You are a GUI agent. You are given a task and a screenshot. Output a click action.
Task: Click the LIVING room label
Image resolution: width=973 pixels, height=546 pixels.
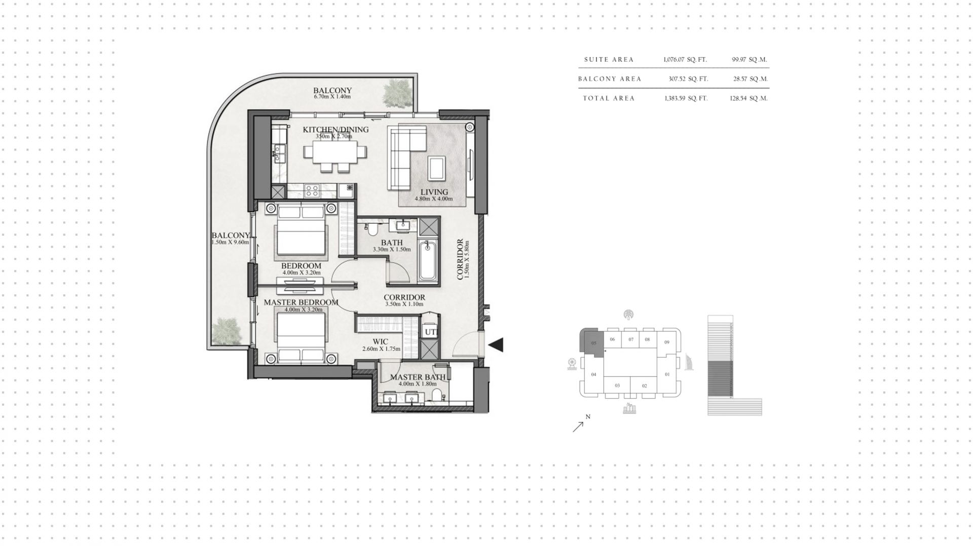tap(434, 192)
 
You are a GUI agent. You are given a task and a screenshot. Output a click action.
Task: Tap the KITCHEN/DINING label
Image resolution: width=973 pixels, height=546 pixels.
tap(335, 130)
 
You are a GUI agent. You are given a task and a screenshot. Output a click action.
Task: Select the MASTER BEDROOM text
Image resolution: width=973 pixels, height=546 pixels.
tap(301, 302)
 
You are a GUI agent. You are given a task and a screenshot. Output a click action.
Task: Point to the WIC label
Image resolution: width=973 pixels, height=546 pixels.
tap(380, 342)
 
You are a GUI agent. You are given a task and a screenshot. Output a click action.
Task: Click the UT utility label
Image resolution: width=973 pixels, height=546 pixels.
tap(430, 332)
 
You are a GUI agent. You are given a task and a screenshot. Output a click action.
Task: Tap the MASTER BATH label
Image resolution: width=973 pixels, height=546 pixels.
tap(418, 377)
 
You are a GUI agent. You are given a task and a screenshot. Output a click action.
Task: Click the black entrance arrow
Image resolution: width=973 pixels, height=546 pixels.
tap(496, 345)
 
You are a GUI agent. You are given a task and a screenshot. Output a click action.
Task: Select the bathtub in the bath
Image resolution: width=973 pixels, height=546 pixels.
tap(427, 261)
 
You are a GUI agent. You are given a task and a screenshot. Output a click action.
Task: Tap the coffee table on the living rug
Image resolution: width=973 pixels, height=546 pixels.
tap(436, 168)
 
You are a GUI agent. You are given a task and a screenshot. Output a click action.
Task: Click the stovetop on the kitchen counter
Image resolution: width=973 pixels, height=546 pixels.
tap(312, 191)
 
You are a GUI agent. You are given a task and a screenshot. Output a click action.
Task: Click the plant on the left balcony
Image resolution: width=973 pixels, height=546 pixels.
tap(226, 331)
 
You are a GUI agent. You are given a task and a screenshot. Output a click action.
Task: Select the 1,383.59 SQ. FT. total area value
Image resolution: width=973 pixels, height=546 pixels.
tap(686, 98)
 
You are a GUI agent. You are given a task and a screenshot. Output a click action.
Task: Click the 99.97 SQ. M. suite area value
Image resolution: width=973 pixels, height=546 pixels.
tap(750, 59)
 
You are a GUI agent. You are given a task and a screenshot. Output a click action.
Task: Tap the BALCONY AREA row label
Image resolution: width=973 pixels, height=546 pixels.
tap(610, 79)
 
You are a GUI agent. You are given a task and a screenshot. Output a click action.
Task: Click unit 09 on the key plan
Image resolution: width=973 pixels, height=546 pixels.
tap(667, 342)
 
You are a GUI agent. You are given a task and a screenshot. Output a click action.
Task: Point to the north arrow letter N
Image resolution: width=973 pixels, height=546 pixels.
tap(588, 417)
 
